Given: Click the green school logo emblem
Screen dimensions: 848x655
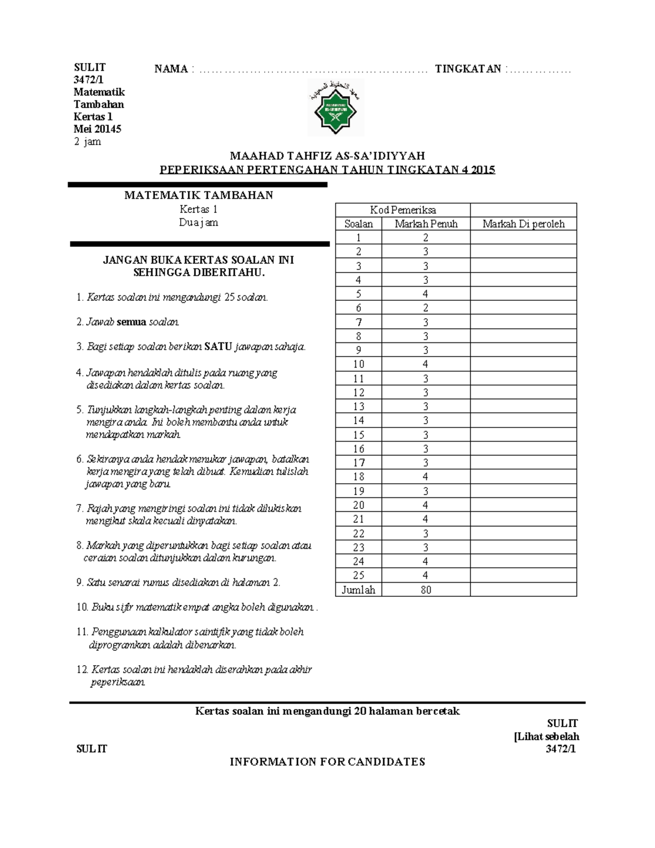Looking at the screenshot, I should (x=335, y=108).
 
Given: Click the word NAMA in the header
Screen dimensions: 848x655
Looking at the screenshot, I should (x=171, y=69).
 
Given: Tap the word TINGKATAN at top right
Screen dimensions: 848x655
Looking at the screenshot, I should (x=468, y=69).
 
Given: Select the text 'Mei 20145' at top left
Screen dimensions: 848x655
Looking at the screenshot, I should (x=98, y=129).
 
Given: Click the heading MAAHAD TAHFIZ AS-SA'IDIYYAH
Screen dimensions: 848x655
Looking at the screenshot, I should (x=327, y=156).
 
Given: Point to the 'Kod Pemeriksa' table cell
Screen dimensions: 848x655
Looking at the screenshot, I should (x=403, y=210).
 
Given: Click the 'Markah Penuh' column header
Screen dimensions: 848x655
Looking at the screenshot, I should (x=426, y=224).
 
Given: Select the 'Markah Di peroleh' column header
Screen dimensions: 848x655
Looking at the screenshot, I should (x=523, y=224).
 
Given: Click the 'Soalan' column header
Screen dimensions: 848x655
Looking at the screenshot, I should (x=359, y=224).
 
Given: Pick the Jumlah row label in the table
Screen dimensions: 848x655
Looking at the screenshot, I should (x=359, y=590).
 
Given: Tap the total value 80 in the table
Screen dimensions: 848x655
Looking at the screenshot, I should (x=426, y=590).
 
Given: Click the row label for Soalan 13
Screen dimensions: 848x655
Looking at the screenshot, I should (x=359, y=406).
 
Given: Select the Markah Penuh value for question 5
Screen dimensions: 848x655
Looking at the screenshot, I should (x=426, y=294).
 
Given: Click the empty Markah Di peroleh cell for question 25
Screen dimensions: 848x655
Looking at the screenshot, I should (x=523, y=576).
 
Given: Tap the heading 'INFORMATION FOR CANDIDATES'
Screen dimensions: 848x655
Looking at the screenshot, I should (x=327, y=762).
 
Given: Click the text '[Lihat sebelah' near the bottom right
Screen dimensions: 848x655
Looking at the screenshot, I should (x=546, y=737).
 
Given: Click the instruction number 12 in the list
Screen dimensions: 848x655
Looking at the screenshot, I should (x=82, y=670).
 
